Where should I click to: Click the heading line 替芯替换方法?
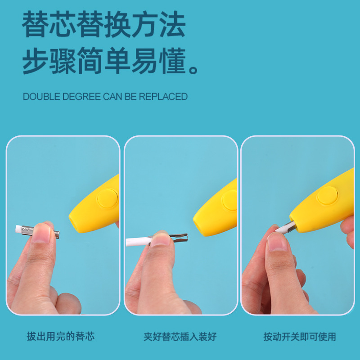(103, 25)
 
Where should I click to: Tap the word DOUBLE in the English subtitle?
(40, 97)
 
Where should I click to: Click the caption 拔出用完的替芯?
(61, 337)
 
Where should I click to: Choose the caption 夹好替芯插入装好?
(180, 337)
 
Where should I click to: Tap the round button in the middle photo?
(230, 200)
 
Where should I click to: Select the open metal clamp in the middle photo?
(178, 237)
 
